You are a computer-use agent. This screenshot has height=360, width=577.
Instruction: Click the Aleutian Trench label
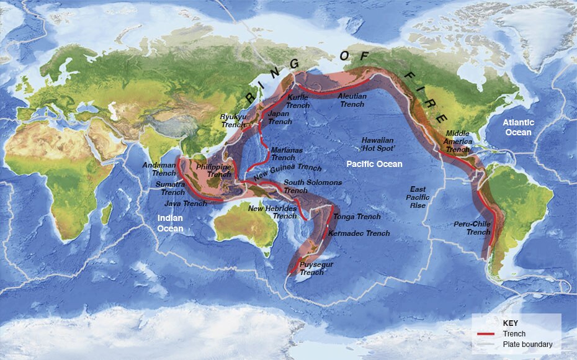coord(352,101)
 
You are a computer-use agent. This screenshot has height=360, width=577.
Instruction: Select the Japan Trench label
coord(279,118)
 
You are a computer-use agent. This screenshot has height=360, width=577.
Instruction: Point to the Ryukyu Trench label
coord(233,121)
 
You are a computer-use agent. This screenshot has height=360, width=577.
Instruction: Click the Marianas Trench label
coord(284,154)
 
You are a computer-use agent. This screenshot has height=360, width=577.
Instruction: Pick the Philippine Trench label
coord(213,171)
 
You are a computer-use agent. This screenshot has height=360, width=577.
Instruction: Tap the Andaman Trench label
coord(159,169)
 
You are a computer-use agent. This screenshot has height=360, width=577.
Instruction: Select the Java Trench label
coord(186,204)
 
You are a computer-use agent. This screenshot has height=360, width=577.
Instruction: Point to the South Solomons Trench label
coord(312,186)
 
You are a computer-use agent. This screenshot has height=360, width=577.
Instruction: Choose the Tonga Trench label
coord(357,217)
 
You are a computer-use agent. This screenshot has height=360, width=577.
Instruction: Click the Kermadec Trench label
coord(359,233)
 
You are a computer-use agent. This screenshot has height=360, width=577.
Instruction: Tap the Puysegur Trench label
coord(316,268)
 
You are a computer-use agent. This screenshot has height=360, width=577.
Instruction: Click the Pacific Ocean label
coord(374,164)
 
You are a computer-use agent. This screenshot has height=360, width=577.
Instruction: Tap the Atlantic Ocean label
coord(518,127)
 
